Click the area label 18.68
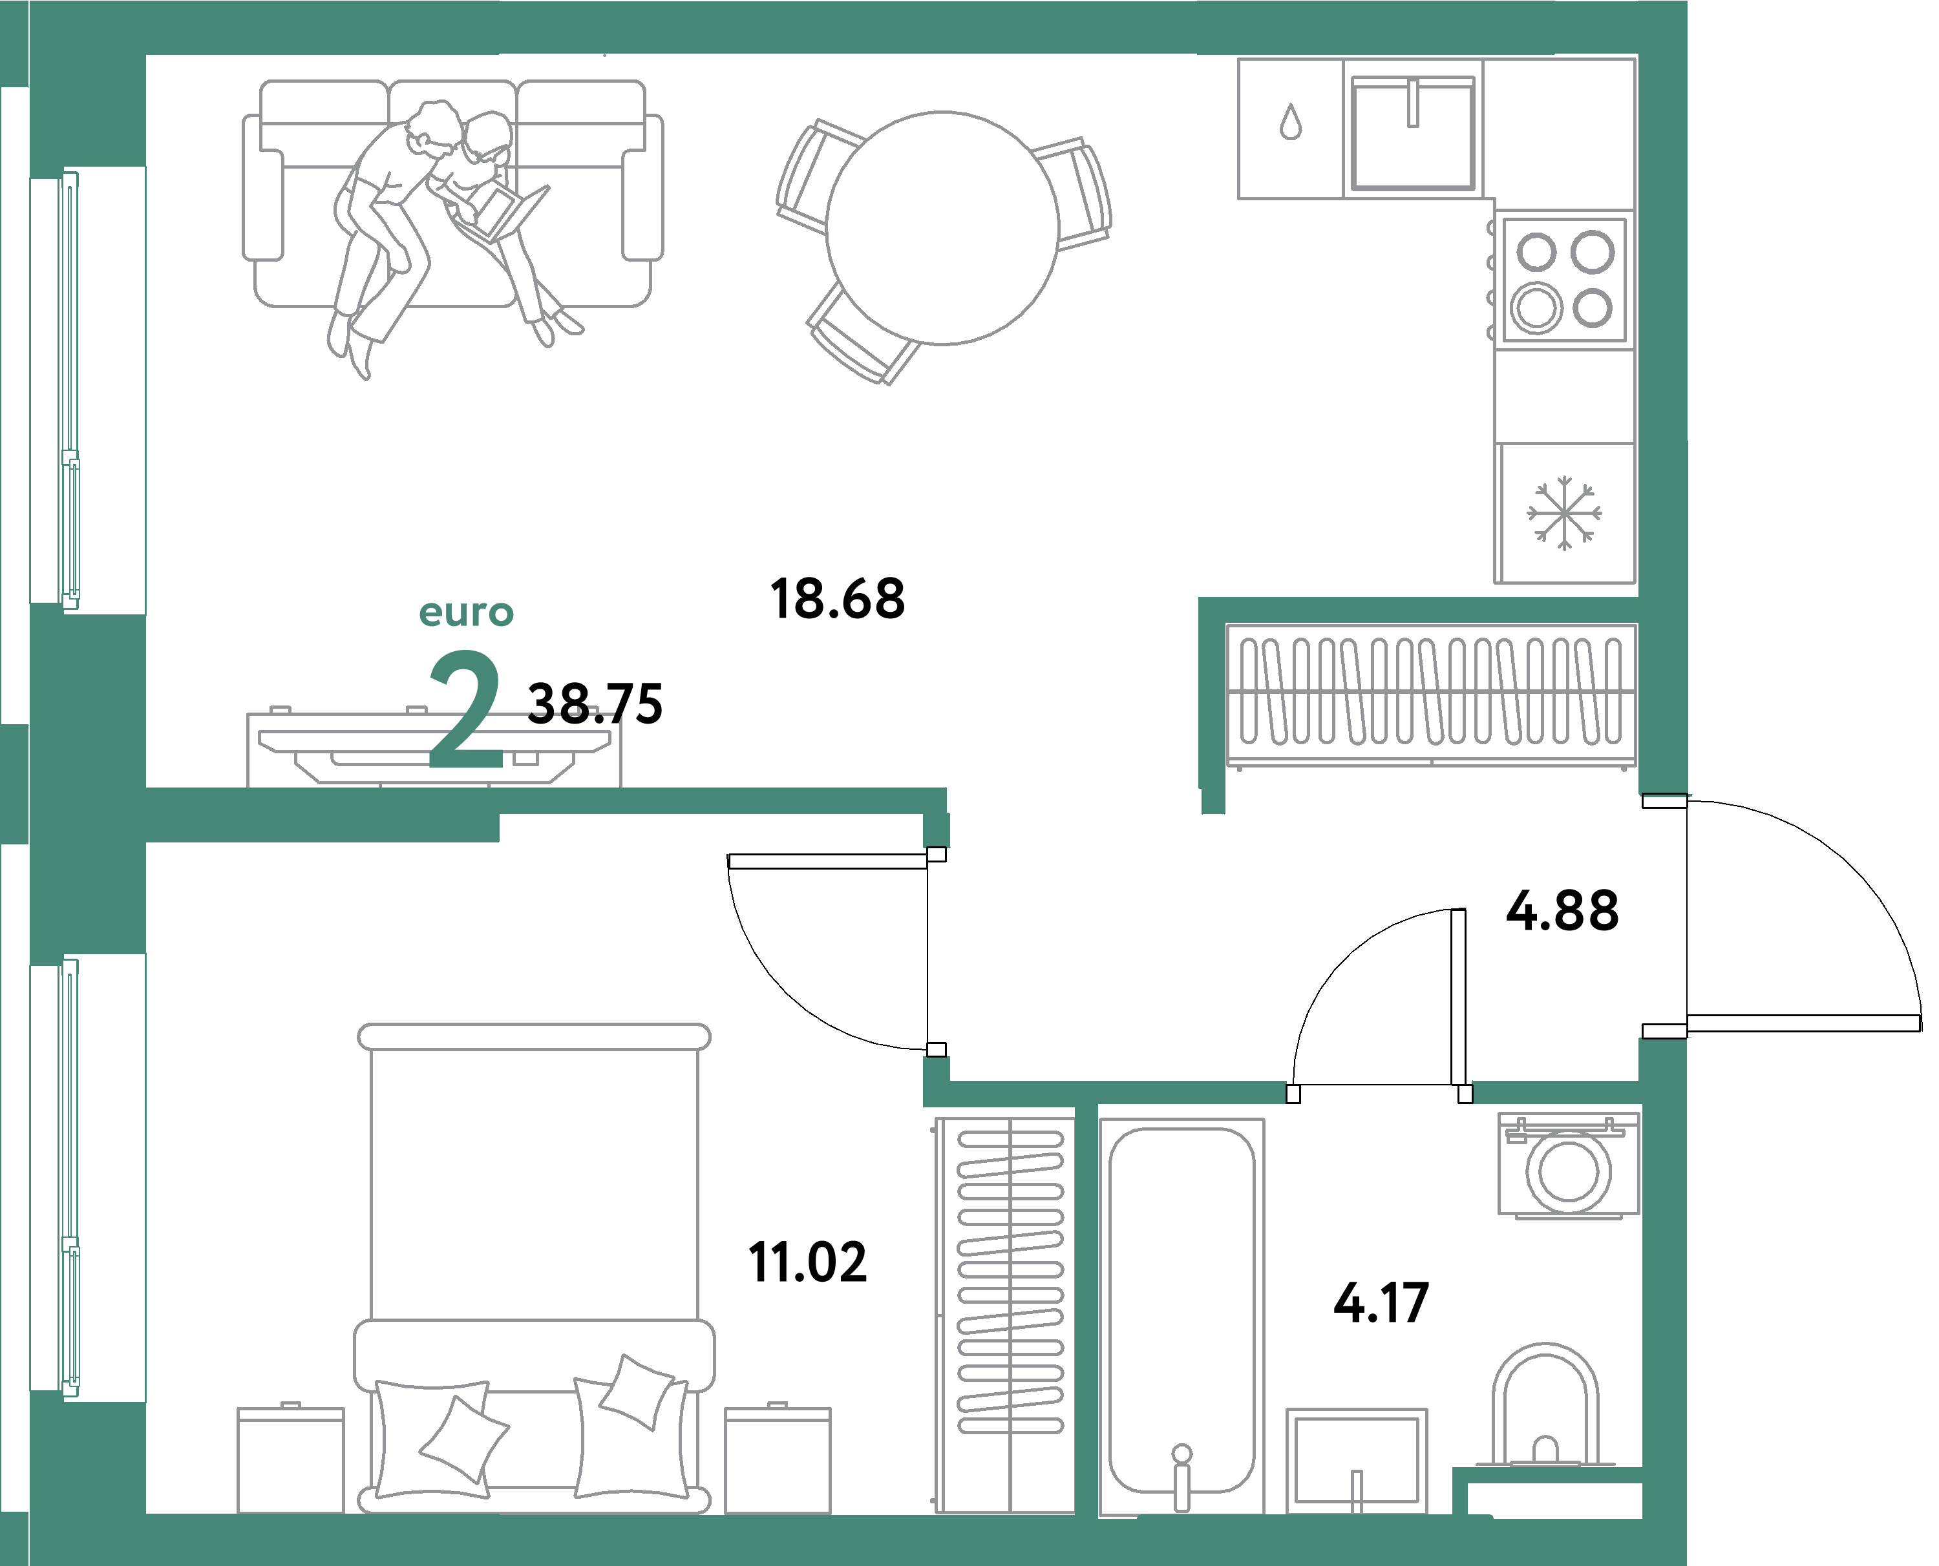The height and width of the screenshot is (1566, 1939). coord(836,598)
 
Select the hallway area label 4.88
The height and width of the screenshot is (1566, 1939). coord(1562,911)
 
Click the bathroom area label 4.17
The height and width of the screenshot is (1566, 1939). coord(1381,1302)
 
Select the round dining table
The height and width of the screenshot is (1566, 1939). coord(942,228)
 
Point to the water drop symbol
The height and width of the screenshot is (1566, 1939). coord(1290,123)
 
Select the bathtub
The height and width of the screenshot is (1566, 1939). coord(1181,1309)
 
